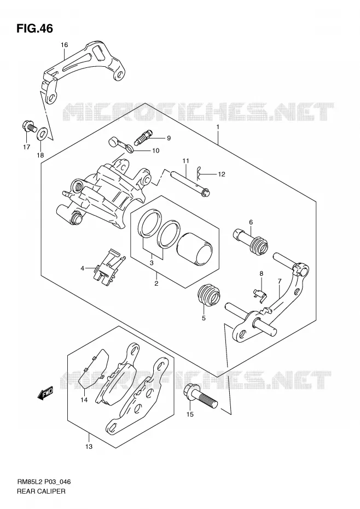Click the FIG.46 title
click(34, 28)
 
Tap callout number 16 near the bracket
click(64, 45)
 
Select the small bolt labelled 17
click(28, 127)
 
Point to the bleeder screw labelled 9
click(143, 137)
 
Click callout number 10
click(156, 151)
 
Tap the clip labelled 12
click(199, 173)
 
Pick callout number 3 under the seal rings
click(152, 263)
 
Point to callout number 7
click(280, 281)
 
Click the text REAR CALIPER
click(41, 491)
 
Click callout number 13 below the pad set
click(89, 447)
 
